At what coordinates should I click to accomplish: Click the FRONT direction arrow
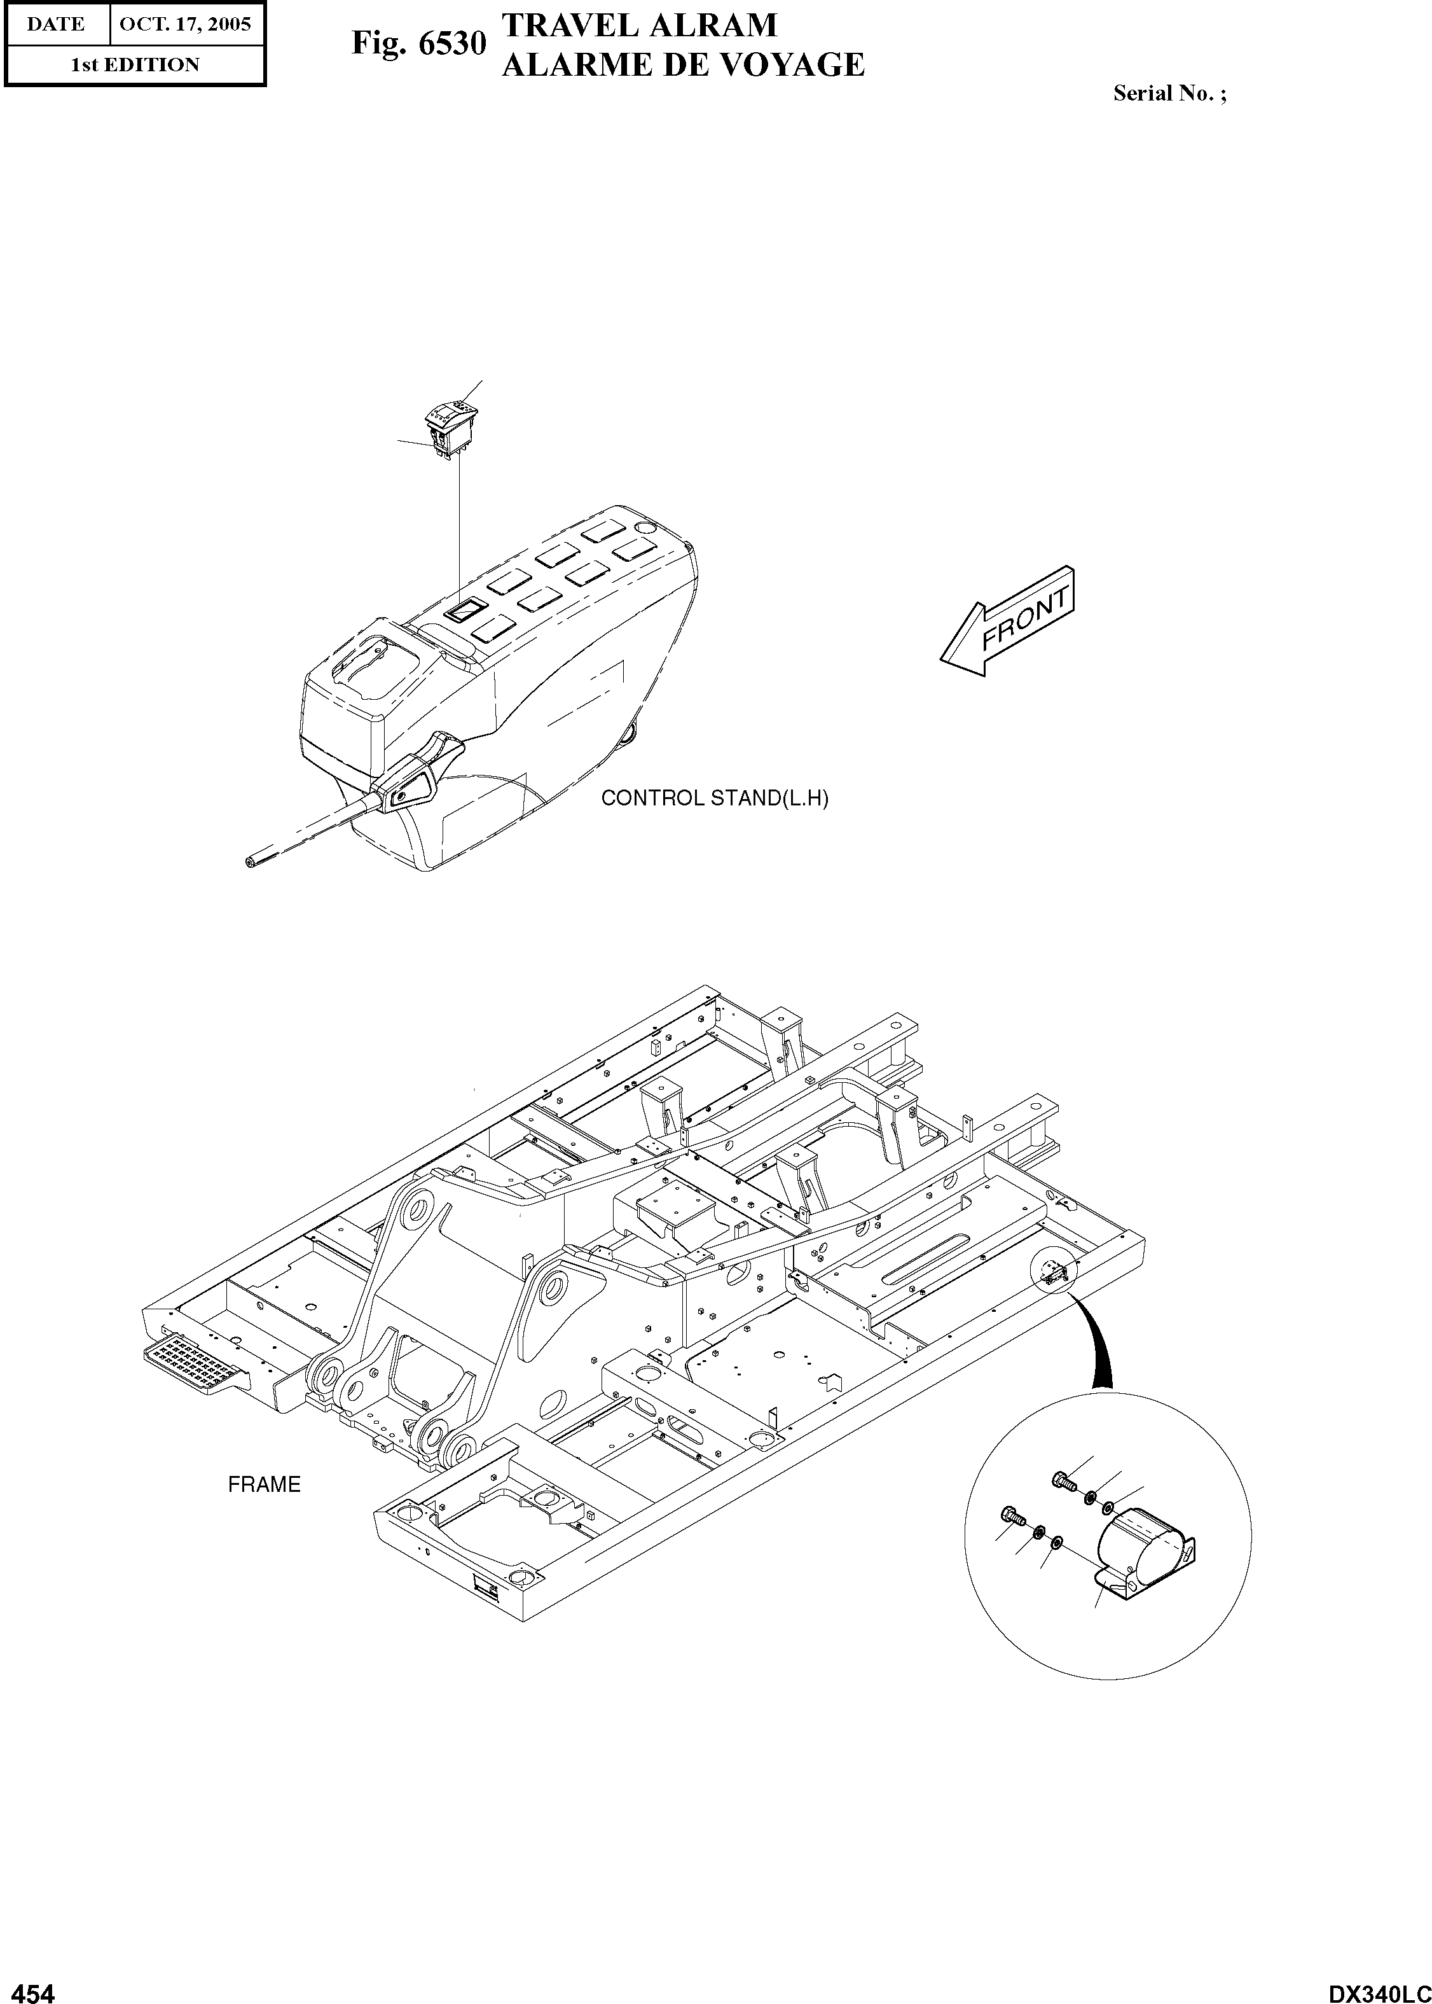[x=1008, y=621]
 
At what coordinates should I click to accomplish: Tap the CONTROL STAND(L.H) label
[x=714, y=799]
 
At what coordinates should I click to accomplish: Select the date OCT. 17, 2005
[x=185, y=24]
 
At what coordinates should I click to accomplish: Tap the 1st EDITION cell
[x=135, y=64]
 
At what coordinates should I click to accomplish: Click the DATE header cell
[x=55, y=24]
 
